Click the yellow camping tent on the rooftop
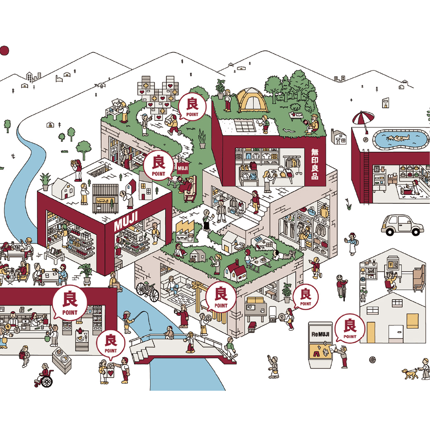tap(251, 100)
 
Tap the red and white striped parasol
tap(363, 119)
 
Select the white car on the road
tap(402, 225)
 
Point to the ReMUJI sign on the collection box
tap(320, 334)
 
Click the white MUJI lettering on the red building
tap(126, 221)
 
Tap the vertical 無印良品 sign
tap(315, 164)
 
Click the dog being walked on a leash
tap(410, 373)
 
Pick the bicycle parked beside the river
tap(148, 291)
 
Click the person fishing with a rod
tap(128, 322)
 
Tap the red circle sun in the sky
tap(4, 50)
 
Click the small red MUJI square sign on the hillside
tap(183, 168)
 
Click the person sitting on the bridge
tap(169, 333)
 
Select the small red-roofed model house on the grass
tap(235, 271)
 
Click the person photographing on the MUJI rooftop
tap(77, 170)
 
